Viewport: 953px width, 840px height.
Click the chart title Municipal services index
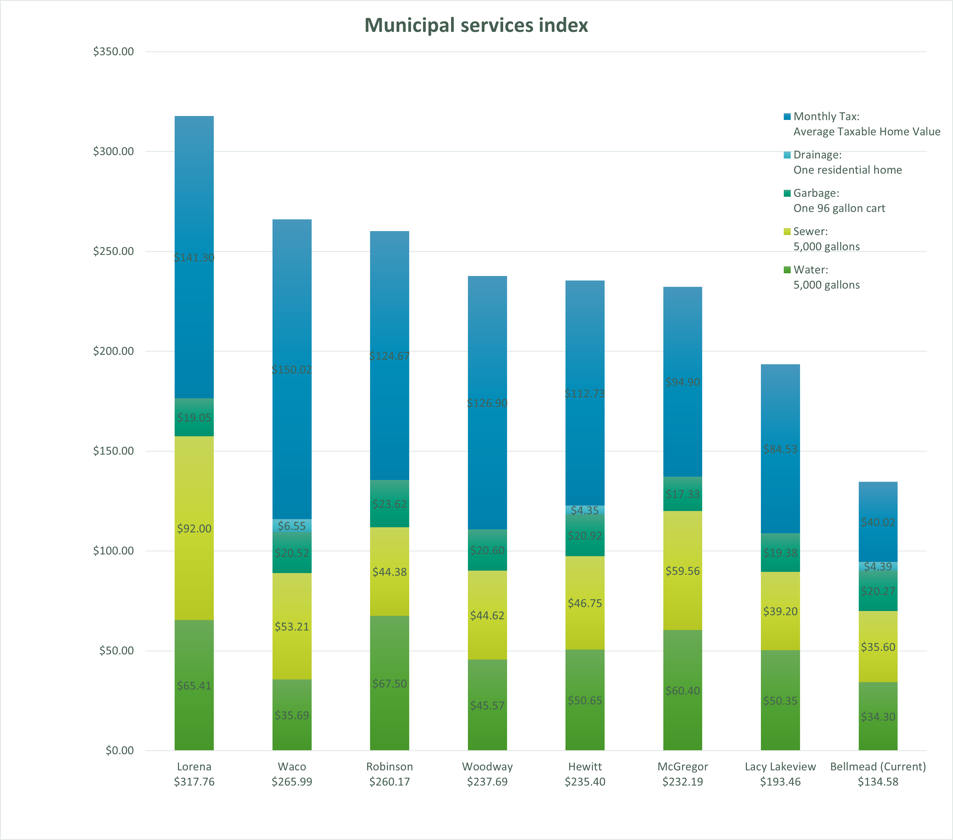[x=476, y=25]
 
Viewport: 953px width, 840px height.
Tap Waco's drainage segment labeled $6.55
[x=292, y=526]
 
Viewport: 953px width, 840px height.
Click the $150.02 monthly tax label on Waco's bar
[x=292, y=370]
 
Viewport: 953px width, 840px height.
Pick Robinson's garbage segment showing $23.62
[x=389, y=504]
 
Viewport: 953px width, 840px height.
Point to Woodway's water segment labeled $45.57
[x=487, y=705]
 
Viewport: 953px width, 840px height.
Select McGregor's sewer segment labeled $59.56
[x=683, y=571]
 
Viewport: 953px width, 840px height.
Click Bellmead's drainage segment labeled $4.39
[x=878, y=566]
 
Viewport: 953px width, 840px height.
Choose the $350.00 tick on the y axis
[x=113, y=51]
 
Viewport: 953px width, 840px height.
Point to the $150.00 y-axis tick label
[x=113, y=450]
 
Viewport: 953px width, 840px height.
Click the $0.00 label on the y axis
[x=119, y=751]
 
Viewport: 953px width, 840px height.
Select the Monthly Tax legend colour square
[x=787, y=117]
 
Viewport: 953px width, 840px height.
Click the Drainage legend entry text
[x=817, y=155]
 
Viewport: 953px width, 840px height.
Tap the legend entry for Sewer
[x=810, y=231]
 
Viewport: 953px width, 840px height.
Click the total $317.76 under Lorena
[x=194, y=782]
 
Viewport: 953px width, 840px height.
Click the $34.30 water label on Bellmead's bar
[x=878, y=716]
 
